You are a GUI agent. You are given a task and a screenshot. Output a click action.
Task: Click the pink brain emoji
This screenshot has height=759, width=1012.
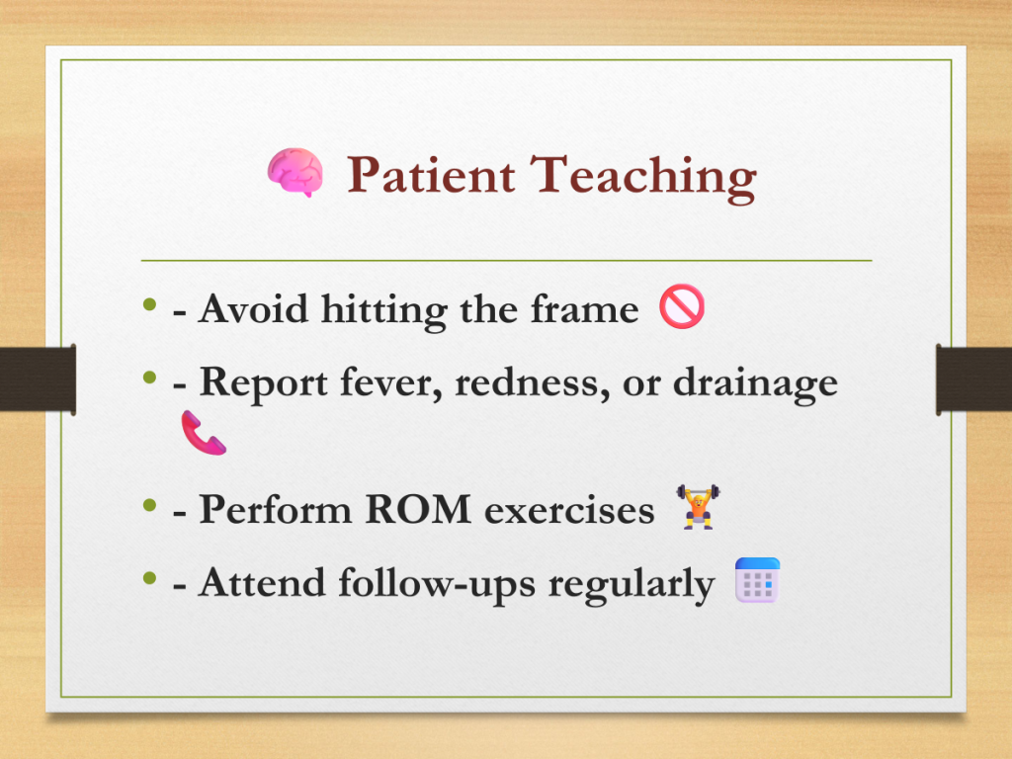click(295, 172)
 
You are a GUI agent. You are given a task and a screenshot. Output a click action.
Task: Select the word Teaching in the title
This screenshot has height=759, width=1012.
click(642, 178)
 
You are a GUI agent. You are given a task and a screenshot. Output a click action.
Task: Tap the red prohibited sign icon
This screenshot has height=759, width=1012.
click(682, 306)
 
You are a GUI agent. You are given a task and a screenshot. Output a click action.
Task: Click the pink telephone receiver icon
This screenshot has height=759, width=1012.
click(204, 433)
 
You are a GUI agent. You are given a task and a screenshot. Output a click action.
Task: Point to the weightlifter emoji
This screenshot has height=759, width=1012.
click(698, 507)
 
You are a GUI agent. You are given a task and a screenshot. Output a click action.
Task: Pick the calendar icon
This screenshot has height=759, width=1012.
click(758, 580)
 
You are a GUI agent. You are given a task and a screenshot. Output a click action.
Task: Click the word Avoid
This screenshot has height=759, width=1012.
click(253, 308)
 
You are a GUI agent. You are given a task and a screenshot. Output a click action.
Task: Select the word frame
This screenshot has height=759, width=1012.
click(585, 308)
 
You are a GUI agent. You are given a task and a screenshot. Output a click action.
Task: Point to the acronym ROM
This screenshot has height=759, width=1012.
click(418, 509)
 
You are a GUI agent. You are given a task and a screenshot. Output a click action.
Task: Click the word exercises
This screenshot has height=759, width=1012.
click(569, 511)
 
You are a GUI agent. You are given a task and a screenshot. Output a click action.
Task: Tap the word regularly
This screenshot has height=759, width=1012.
click(632, 585)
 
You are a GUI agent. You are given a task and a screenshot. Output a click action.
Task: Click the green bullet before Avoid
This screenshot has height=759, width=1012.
click(150, 304)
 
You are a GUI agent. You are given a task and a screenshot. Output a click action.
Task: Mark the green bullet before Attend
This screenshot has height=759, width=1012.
click(150, 577)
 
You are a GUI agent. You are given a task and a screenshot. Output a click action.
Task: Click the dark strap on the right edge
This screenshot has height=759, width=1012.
click(973, 379)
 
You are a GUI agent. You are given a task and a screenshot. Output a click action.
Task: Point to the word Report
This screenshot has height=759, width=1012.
click(263, 382)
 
